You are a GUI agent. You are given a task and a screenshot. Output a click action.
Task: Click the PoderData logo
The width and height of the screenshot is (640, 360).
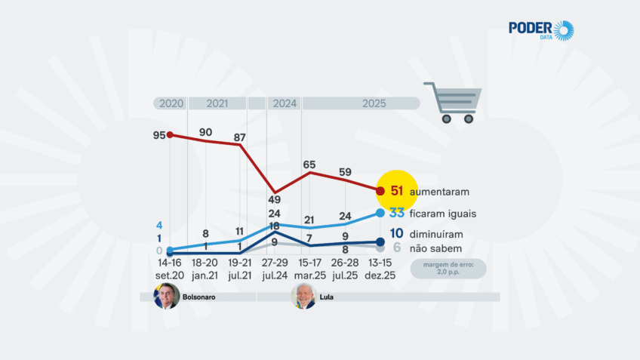coord(540,31)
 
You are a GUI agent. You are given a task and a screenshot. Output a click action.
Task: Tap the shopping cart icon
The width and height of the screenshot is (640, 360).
coord(454,102)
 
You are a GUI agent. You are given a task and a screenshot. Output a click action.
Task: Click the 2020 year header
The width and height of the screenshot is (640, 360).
coord(170,103)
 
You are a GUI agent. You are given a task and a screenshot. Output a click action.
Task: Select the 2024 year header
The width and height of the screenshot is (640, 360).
coord(285,103)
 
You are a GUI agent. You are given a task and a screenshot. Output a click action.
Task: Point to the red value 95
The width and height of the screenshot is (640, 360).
coord(158,135)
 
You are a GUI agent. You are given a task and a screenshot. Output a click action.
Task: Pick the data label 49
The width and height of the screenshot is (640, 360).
coord(274,200)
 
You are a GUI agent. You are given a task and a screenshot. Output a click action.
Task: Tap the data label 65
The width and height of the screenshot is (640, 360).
coord(309,165)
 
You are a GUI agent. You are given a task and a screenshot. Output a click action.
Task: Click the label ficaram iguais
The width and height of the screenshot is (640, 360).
coord(443,214)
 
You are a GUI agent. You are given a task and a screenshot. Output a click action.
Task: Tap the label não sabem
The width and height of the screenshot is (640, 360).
coord(436,248)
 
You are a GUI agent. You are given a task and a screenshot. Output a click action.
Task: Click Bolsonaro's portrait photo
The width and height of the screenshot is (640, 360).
coord(167,297)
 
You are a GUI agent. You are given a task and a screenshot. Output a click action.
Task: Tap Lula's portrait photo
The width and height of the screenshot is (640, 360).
coord(303,297)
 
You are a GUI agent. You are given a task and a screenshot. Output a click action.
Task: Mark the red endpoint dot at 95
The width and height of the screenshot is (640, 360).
coord(170,135)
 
